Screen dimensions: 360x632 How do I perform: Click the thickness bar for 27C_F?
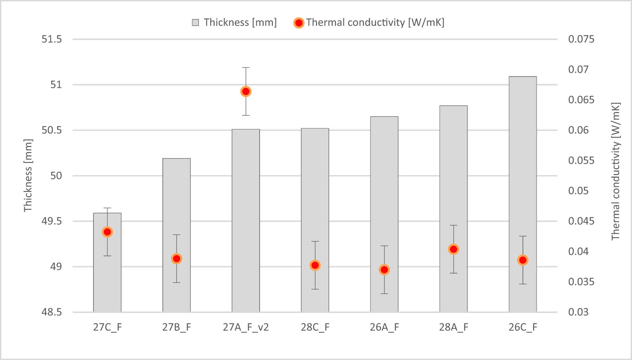pyautogui.click(x=107, y=278)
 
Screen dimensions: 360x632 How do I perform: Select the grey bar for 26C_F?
pyautogui.click(x=523, y=179)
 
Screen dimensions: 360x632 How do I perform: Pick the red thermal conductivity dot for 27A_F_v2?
pyautogui.click(x=246, y=91)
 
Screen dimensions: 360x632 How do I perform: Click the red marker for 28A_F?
pyautogui.click(x=454, y=249)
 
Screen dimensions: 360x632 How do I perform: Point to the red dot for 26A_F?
pyautogui.click(x=384, y=270)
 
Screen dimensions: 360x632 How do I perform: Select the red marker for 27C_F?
pyautogui.click(x=107, y=232)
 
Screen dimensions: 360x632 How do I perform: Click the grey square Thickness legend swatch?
pyautogui.click(x=195, y=23)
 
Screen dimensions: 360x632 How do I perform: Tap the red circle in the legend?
pyautogui.click(x=299, y=23)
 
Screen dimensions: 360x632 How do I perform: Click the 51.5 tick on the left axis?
pyautogui.click(x=52, y=39)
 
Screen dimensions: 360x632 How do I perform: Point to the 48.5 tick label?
pyautogui.click(x=52, y=312)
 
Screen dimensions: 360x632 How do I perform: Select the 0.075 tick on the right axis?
pyautogui.click(x=581, y=39)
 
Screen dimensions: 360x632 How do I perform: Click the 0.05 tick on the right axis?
pyautogui.click(x=578, y=191)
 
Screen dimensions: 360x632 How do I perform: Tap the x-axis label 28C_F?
pyautogui.click(x=315, y=327)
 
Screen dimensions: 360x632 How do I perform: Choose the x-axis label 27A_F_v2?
pyautogui.click(x=246, y=327)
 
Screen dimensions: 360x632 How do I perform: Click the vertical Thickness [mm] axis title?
pyautogui.click(x=27, y=175)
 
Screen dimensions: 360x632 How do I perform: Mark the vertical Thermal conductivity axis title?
pyautogui.click(x=615, y=171)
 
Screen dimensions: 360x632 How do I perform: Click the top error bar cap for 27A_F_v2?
pyautogui.click(x=246, y=68)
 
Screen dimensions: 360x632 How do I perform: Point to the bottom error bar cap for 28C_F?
pyautogui.click(x=315, y=289)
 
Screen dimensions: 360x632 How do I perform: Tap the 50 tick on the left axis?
pyautogui.click(x=56, y=176)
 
